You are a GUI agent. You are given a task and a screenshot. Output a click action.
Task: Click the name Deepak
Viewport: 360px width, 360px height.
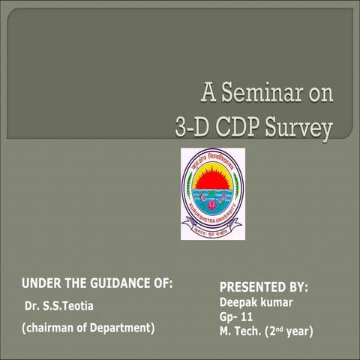[x=238, y=302]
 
